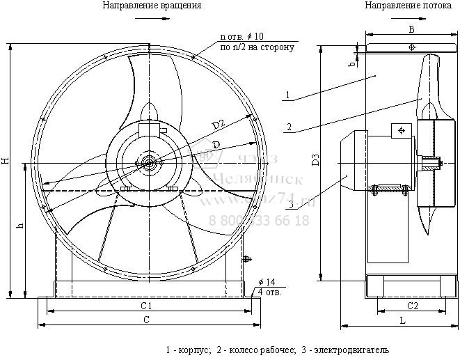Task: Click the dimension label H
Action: (6, 161)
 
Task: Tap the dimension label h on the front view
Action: (20, 226)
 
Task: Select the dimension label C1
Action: (146, 305)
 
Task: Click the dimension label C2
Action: (412, 305)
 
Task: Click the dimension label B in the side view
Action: (412, 29)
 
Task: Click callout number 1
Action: (287, 93)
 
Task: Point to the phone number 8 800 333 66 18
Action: (259, 221)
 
